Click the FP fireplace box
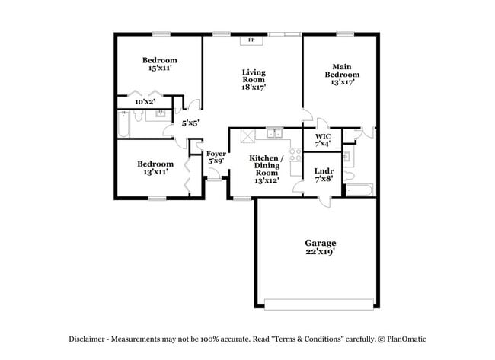251,40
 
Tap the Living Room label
254,80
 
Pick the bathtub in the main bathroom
359,189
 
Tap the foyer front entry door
216,180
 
